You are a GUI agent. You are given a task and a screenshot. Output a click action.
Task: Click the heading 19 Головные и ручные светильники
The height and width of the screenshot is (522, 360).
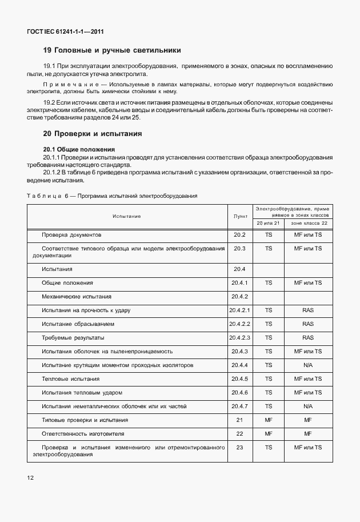[112, 50]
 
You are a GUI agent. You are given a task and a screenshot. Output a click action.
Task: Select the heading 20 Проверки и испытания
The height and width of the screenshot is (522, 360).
[93, 134]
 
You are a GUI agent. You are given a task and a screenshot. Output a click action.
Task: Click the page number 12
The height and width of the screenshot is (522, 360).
[30, 477]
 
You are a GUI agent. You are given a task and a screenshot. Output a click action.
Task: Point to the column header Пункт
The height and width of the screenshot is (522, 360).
[240, 216]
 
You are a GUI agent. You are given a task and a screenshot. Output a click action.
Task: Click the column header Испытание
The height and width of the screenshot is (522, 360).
[126, 216]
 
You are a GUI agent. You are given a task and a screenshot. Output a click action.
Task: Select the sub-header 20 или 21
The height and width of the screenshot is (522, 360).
[268, 223]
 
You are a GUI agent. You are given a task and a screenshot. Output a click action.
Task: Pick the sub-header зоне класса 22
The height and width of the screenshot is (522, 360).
[308, 223]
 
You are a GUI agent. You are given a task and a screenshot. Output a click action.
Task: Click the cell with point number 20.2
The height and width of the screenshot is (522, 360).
[239, 235]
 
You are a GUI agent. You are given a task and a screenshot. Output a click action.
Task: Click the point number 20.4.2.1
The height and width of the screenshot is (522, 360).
[240, 310]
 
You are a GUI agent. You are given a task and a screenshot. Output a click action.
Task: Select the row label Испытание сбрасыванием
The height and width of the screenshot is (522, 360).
[78, 324]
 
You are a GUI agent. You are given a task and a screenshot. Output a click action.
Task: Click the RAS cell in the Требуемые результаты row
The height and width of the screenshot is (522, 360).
[308, 338]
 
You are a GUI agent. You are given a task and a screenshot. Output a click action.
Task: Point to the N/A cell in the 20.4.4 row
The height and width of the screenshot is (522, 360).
[308, 365]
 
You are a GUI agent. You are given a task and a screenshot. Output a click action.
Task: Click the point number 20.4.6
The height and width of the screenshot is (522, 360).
[239, 392]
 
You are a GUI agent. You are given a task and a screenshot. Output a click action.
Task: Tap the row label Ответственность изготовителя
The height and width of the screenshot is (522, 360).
[82, 434]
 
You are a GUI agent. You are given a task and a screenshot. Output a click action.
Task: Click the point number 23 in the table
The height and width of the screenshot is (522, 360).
[239, 447]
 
